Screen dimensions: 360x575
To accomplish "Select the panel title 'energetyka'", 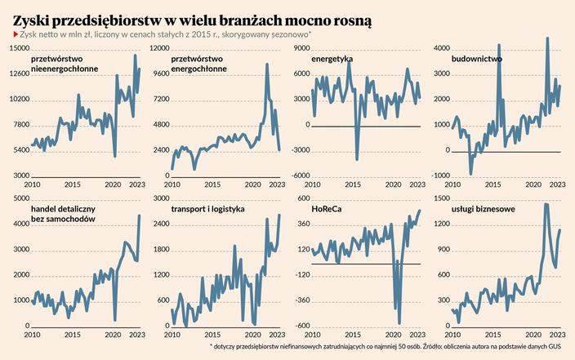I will click(332, 60).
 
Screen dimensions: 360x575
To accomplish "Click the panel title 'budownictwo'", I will click(476, 60).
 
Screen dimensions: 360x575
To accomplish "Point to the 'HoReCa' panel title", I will click(327, 210).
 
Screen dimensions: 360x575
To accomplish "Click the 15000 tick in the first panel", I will click(18, 50).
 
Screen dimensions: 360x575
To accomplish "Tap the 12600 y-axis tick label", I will click(18, 75).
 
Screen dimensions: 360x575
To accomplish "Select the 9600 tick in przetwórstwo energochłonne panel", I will click(160, 75).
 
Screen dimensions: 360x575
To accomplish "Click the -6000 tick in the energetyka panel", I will click(299, 176).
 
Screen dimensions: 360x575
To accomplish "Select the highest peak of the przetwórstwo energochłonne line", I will click(267, 87).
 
